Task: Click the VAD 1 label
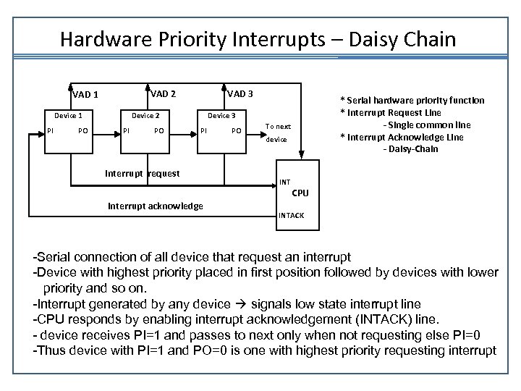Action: coord(85,94)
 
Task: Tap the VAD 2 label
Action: coord(163,93)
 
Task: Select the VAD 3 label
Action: coord(240,93)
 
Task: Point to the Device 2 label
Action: coord(145,116)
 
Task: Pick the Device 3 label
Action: coord(221,116)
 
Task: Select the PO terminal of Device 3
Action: coord(237,131)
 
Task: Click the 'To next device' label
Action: coord(277,133)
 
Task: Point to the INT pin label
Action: coord(284,182)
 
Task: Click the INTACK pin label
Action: coord(291,216)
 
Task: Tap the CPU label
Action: coord(300,193)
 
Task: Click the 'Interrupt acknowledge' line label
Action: coord(156,206)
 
